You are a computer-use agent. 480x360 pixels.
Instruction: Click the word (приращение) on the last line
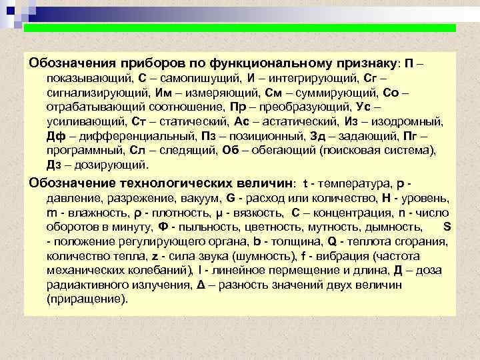click(87, 300)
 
